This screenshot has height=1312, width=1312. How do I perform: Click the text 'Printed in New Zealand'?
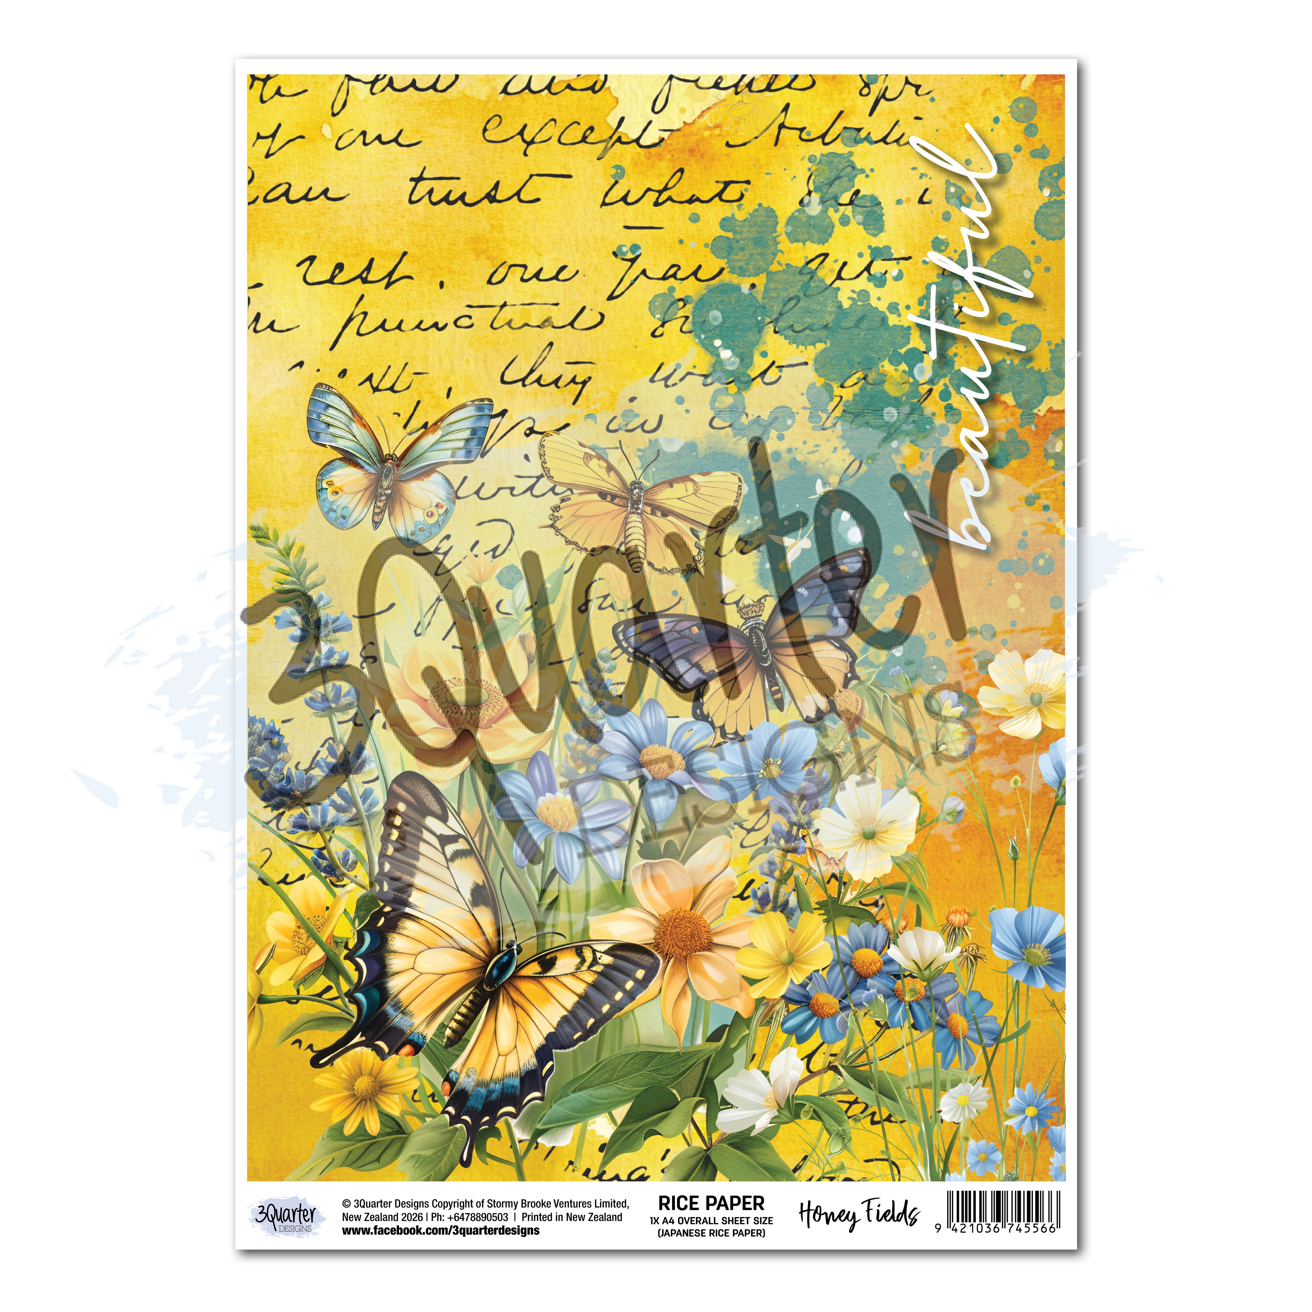(x=572, y=1217)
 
